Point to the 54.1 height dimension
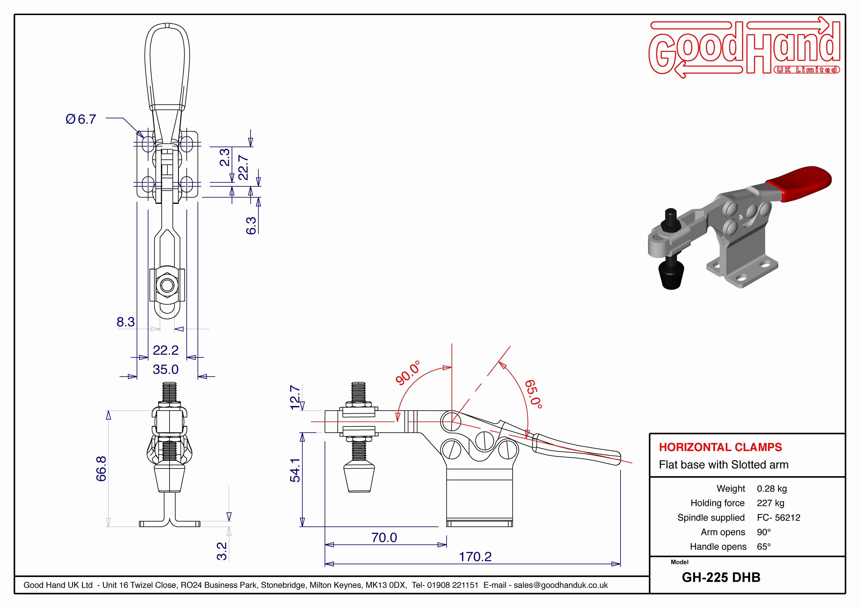[x=295, y=470]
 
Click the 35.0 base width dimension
[x=166, y=369]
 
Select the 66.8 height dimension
[x=101, y=469]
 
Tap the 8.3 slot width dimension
[x=125, y=322]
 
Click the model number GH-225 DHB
[x=721, y=577]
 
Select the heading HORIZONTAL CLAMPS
[x=720, y=447]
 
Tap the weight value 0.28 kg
[x=772, y=488]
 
